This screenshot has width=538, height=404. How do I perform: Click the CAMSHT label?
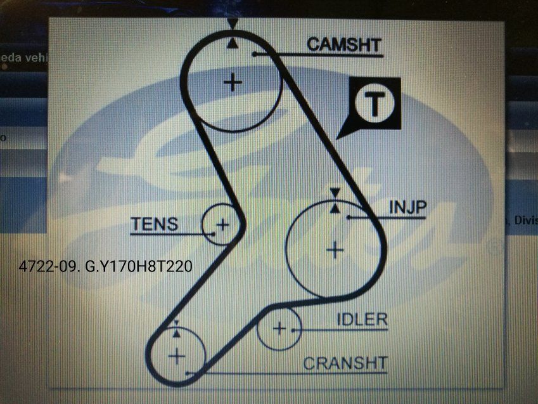coord(344,44)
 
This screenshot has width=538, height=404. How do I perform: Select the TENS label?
coord(155,224)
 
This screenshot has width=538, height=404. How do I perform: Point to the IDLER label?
coord(361,319)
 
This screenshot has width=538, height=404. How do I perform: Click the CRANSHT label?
coord(345,363)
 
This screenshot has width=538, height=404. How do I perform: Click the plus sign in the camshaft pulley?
coord(234,82)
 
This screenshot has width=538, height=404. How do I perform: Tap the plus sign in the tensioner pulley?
coord(222,225)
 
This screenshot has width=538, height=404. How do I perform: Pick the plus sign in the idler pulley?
coord(279,329)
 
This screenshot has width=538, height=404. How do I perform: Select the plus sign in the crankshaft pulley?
coord(177,355)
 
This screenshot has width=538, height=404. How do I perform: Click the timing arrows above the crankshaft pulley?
coord(176,329)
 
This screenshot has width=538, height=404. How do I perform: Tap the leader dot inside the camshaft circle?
coord(253,55)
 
